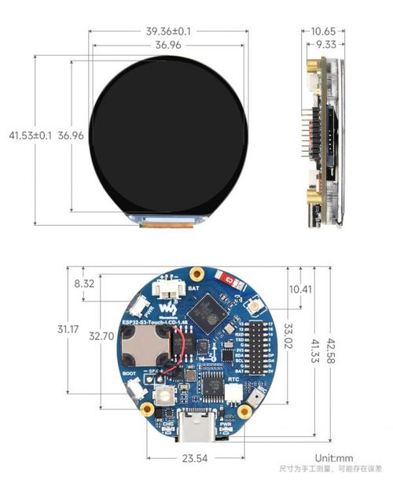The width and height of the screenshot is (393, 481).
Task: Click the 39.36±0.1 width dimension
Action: [x=168, y=31]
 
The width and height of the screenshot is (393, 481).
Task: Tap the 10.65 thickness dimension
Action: [x=323, y=31]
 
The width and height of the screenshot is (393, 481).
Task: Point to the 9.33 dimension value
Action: [x=326, y=45]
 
